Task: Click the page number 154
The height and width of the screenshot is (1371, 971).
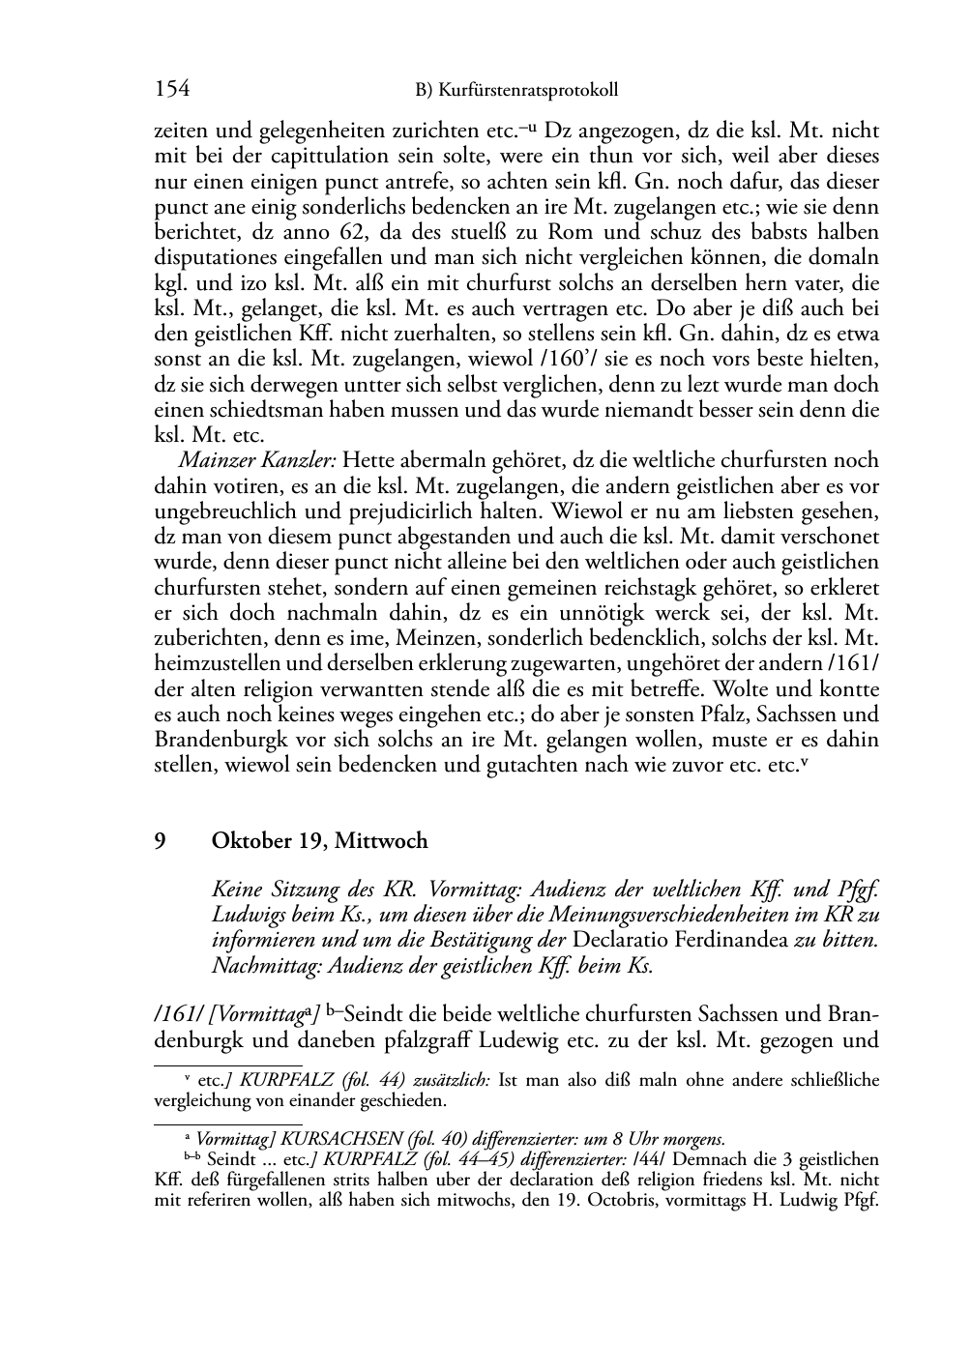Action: tap(171, 90)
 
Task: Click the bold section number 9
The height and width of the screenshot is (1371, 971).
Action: tap(161, 841)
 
